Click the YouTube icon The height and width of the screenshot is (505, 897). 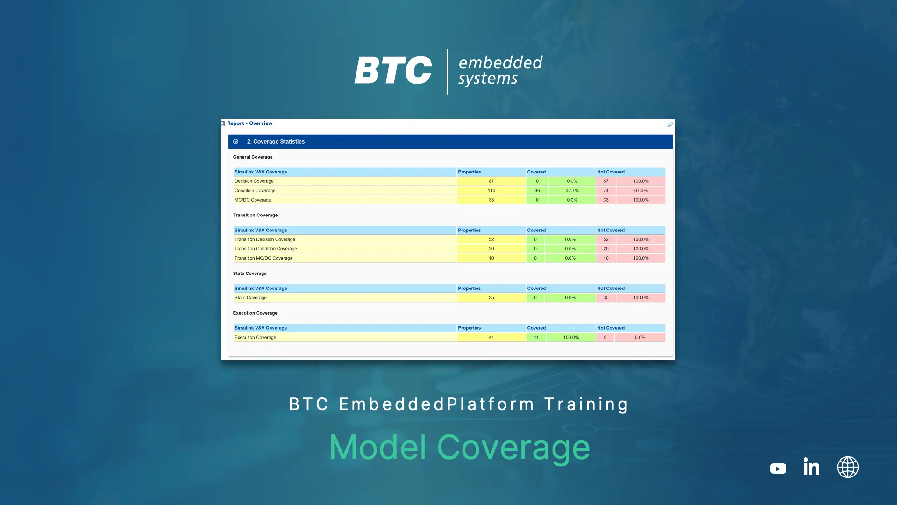778,468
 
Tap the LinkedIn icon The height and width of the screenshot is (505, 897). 812,466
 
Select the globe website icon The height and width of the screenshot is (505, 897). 847,467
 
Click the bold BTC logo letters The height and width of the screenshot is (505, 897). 393,70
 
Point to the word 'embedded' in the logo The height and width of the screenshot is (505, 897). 500,62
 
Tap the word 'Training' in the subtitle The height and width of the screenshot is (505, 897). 587,404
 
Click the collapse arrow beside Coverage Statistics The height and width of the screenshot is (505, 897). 236,141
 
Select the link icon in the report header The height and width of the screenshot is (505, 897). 670,125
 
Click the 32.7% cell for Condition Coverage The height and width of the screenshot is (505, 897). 572,191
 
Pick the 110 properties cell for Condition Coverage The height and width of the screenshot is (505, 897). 491,191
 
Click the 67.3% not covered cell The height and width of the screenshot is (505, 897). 641,191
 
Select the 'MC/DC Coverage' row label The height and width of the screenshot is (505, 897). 253,200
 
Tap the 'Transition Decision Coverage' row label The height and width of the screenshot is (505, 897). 265,239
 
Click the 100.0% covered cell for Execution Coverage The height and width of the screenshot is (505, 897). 571,337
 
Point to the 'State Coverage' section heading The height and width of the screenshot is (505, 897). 250,274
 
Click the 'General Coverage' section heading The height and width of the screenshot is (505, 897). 253,157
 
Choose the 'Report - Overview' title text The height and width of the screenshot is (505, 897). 249,123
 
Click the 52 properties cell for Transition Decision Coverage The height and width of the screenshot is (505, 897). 491,239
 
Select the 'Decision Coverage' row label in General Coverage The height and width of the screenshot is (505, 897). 254,181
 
